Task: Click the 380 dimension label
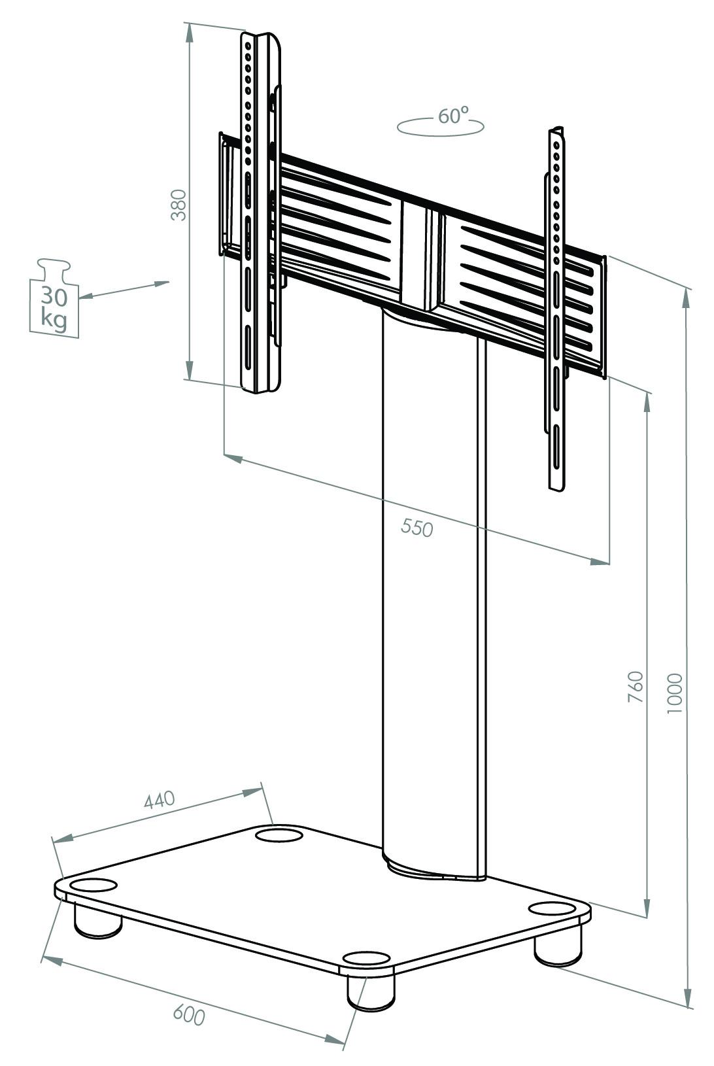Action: point(178,205)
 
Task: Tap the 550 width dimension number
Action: point(417,527)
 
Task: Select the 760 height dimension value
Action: point(636,687)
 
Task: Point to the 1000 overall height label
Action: point(675,693)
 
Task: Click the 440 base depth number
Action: point(160,800)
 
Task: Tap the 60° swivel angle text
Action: point(453,116)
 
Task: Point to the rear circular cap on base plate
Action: point(279,834)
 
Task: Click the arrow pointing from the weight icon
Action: point(124,289)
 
